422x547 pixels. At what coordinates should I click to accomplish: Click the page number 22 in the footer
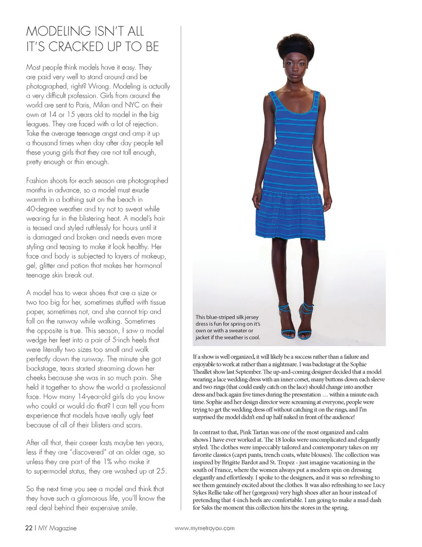[28, 528]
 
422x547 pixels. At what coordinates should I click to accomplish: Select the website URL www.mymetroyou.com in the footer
[204, 528]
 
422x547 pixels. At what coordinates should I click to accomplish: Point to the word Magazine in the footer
[62, 528]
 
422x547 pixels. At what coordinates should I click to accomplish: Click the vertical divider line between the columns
[181, 264]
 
